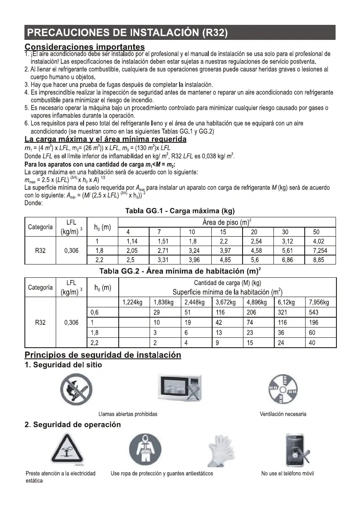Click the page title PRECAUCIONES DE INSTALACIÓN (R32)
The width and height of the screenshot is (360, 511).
tap(126, 33)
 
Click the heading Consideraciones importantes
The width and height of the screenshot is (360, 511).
tap(84, 46)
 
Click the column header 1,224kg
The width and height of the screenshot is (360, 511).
tap(132, 302)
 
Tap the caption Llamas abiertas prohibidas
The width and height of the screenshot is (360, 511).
tap(128, 414)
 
